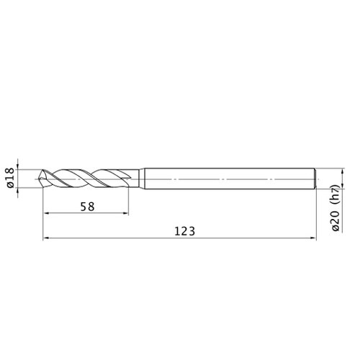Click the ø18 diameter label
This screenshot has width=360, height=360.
11,179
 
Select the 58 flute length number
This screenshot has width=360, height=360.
88,207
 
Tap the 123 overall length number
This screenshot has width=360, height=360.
184,232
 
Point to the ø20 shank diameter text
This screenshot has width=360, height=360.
336,221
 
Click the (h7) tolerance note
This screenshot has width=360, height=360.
336,195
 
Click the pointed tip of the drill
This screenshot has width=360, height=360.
39,179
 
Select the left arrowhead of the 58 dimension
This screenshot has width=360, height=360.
46,213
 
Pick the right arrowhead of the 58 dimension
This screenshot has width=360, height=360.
125,213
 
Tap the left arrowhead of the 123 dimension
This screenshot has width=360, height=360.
46,238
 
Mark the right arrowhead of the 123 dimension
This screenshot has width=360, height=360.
313,238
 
